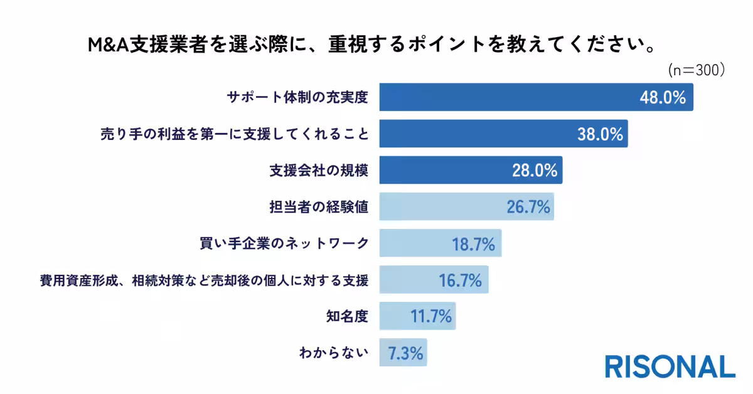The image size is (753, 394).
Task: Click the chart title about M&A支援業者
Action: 376,46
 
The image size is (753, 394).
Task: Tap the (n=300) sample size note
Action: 696,70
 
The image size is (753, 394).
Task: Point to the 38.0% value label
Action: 600,134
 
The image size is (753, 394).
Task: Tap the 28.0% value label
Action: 534,170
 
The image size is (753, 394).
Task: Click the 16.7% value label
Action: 461,280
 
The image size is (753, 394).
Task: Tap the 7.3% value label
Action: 405,353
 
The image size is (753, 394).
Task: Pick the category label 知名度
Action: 347,316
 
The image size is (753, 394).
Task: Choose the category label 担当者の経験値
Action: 318,206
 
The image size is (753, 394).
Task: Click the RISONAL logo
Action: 670,366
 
